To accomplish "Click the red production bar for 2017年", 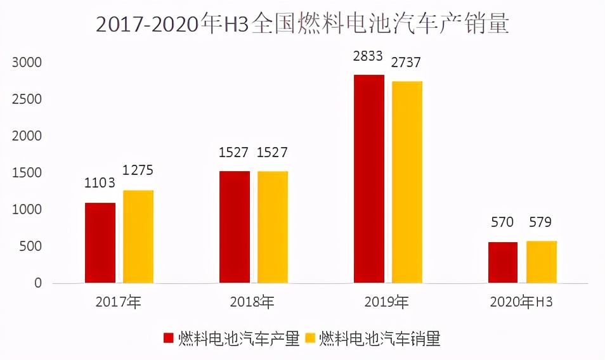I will (100, 243).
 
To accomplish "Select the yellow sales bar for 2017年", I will (138, 236).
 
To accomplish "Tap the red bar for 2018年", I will (235, 227).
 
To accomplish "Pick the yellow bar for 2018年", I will (273, 227).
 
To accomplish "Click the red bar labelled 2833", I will (369, 179).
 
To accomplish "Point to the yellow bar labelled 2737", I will (407, 182).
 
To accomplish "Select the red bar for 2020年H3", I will (503, 262).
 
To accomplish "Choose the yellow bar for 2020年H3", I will (542, 262).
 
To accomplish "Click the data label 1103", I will (100, 183).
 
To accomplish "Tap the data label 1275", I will (138, 170).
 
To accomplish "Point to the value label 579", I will (541, 222).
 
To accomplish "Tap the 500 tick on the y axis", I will (31, 247).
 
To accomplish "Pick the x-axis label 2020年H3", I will (521, 302).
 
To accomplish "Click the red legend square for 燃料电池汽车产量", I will (169, 339).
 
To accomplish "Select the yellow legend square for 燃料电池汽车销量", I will (311, 339).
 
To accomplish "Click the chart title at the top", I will (302, 24).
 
